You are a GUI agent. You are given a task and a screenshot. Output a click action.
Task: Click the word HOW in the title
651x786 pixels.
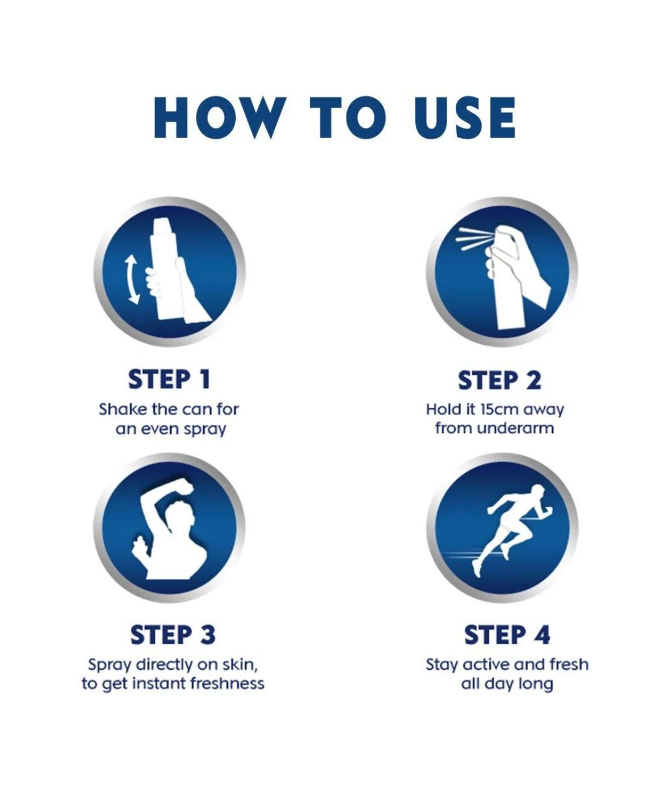click(218, 118)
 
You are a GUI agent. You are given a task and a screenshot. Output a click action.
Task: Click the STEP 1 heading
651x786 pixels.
click(169, 379)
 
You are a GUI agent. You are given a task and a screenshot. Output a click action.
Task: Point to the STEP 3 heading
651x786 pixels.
click(173, 635)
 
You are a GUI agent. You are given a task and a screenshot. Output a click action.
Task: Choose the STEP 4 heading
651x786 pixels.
click(506, 635)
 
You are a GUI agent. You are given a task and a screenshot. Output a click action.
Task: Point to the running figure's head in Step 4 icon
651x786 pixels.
click(538, 492)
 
